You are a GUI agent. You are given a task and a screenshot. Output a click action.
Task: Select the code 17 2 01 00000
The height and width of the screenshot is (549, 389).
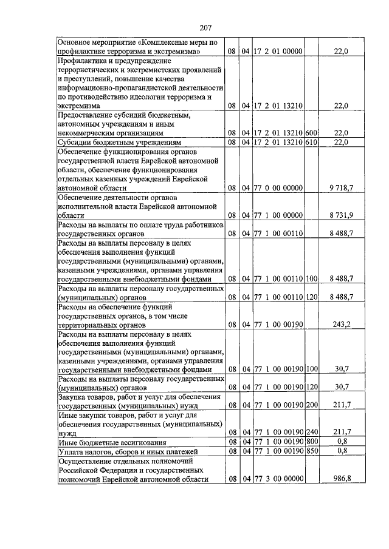coord(278,52)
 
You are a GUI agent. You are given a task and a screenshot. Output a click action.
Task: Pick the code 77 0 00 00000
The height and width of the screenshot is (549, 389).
coord(278,188)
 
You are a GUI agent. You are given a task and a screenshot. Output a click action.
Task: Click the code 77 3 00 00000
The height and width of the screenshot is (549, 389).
coord(278,479)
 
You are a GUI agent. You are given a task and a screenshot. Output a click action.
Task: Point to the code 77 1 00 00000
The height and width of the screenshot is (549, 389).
coord(278,215)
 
